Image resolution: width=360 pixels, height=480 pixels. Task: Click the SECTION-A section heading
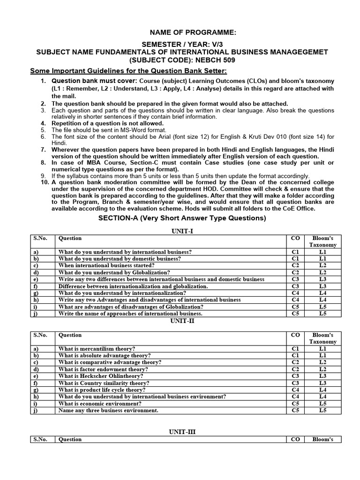click(x=181, y=218)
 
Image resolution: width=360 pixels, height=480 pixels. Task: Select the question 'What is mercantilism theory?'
click(x=97, y=349)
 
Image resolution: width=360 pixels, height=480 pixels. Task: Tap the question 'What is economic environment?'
click(x=100, y=404)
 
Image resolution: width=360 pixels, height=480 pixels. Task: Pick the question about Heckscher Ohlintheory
click(x=101, y=376)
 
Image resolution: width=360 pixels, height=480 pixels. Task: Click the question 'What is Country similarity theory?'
click(x=103, y=383)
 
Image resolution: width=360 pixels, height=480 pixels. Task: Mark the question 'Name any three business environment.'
click(x=108, y=411)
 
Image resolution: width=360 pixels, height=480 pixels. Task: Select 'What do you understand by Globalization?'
click(x=114, y=272)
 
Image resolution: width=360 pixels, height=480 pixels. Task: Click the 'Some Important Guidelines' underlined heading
click(x=128, y=71)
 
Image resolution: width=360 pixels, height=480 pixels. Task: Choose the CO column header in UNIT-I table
click(x=295, y=238)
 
